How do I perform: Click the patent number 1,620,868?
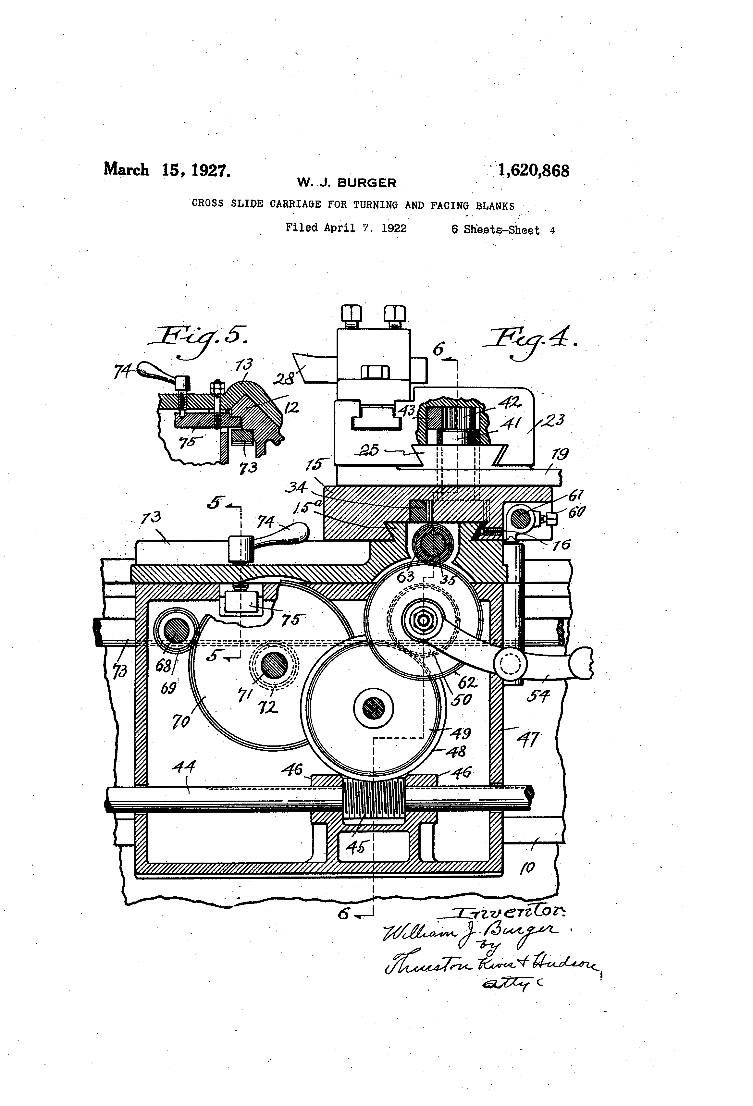click(533, 170)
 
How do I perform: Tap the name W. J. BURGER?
click(347, 183)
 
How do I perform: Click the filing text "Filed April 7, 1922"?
click(346, 228)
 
